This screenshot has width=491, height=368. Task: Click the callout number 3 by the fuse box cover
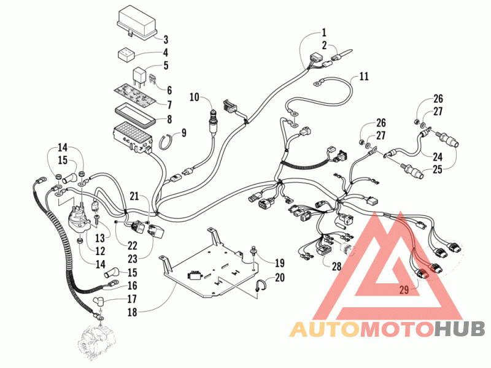(x=166, y=40)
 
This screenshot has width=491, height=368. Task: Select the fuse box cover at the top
(x=136, y=24)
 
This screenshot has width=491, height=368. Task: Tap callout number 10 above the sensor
(x=195, y=97)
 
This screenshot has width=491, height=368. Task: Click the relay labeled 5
(x=139, y=77)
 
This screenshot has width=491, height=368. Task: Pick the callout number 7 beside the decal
(x=169, y=104)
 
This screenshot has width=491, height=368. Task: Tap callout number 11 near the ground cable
(x=364, y=76)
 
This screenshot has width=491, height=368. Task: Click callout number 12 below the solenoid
(x=100, y=251)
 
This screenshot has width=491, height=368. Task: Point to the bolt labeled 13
(x=96, y=220)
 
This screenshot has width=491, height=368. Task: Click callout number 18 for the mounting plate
(x=133, y=312)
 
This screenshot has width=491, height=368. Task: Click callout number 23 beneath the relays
(x=133, y=259)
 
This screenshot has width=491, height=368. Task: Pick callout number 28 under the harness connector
(x=336, y=266)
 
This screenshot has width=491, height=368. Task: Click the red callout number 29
(x=404, y=289)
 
